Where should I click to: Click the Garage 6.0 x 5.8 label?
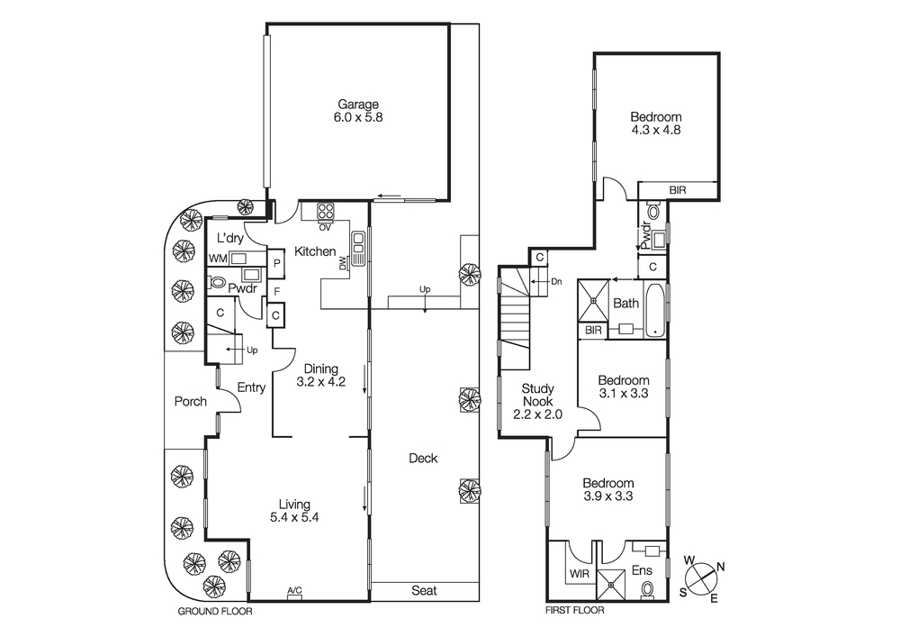[358, 110]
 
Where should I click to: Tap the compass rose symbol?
[702, 577]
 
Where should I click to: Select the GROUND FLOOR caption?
[215, 611]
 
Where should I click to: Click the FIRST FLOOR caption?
[575, 610]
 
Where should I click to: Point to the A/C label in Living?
[294, 591]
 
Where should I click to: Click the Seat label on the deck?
[424, 591]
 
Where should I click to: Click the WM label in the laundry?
[217, 259]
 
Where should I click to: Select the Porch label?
[190, 402]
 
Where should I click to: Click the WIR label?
[578, 573]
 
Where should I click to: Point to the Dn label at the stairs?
[556, 282]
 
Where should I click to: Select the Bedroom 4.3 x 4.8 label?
[655, 123]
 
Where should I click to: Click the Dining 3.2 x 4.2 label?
[320, 375]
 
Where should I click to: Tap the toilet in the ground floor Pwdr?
[218, 282]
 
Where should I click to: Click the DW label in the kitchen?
[343, 263]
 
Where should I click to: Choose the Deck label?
[423, 459]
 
